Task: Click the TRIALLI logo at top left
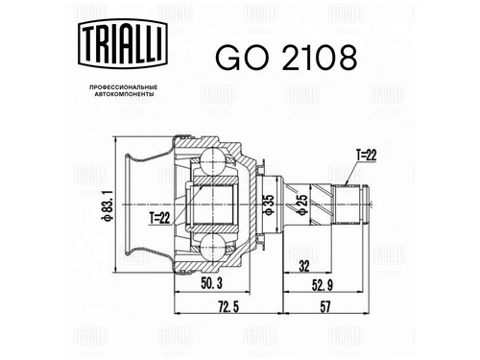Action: pos(123,44)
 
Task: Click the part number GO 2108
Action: pos(286,58)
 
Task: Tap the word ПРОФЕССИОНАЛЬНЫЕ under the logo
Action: pos(123,87)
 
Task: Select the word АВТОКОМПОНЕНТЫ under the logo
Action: pos(123,94)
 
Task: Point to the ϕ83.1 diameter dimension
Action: pos(107,204)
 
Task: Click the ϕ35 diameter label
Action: pos(270,204)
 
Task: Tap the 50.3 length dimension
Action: pos(211,283)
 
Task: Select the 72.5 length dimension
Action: pos(228,307)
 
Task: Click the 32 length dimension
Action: pos(303,265)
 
